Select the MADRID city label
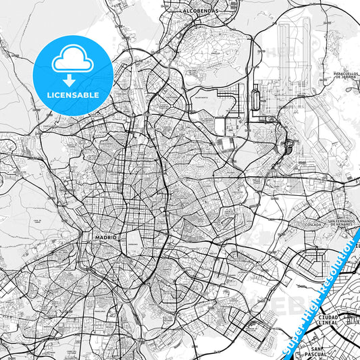click(x=107, y=238)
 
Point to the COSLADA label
click(x=313, y=225)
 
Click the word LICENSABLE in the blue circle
click(x=71, y=94)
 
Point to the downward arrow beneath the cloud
click(x=71, y=79)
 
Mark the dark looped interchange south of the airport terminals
click(x=290, y=143)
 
